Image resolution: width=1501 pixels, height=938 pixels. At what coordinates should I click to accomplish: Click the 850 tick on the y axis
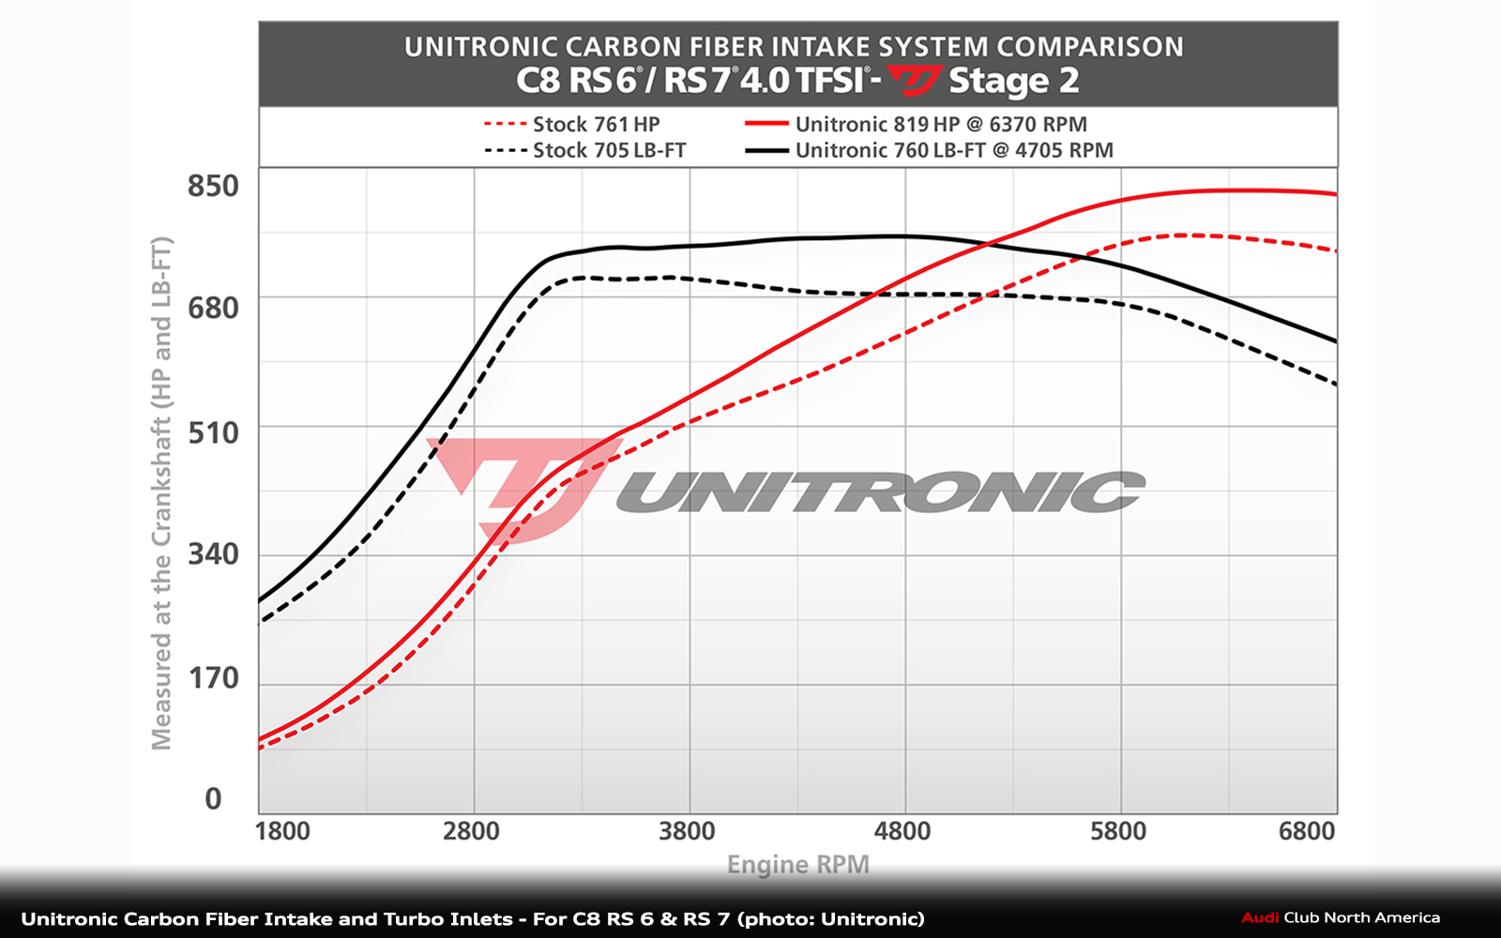213,186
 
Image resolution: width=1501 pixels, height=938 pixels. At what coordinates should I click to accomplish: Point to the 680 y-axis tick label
213,308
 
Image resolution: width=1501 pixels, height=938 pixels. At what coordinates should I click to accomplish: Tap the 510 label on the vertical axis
213,432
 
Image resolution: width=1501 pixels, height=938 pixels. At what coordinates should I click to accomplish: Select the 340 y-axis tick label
213,554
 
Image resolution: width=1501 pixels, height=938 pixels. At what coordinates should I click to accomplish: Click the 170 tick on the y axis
213,678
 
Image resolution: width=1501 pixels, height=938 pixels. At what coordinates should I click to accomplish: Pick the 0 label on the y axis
214,799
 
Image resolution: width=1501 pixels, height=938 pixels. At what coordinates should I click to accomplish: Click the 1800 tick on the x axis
282,831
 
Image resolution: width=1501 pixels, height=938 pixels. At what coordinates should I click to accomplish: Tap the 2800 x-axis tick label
471,831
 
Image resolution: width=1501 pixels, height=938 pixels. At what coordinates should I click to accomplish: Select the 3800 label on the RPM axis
687,831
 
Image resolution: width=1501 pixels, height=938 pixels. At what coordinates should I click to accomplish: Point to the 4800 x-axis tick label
902,831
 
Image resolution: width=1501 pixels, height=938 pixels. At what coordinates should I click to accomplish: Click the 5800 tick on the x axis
1118,831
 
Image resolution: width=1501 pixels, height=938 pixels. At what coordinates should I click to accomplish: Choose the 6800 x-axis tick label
1307,831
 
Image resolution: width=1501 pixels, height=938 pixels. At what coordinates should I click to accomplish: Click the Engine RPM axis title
798,864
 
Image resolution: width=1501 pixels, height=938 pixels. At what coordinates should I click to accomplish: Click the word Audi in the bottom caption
1260,917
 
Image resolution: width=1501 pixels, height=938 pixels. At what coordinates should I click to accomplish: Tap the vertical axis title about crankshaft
162,492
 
